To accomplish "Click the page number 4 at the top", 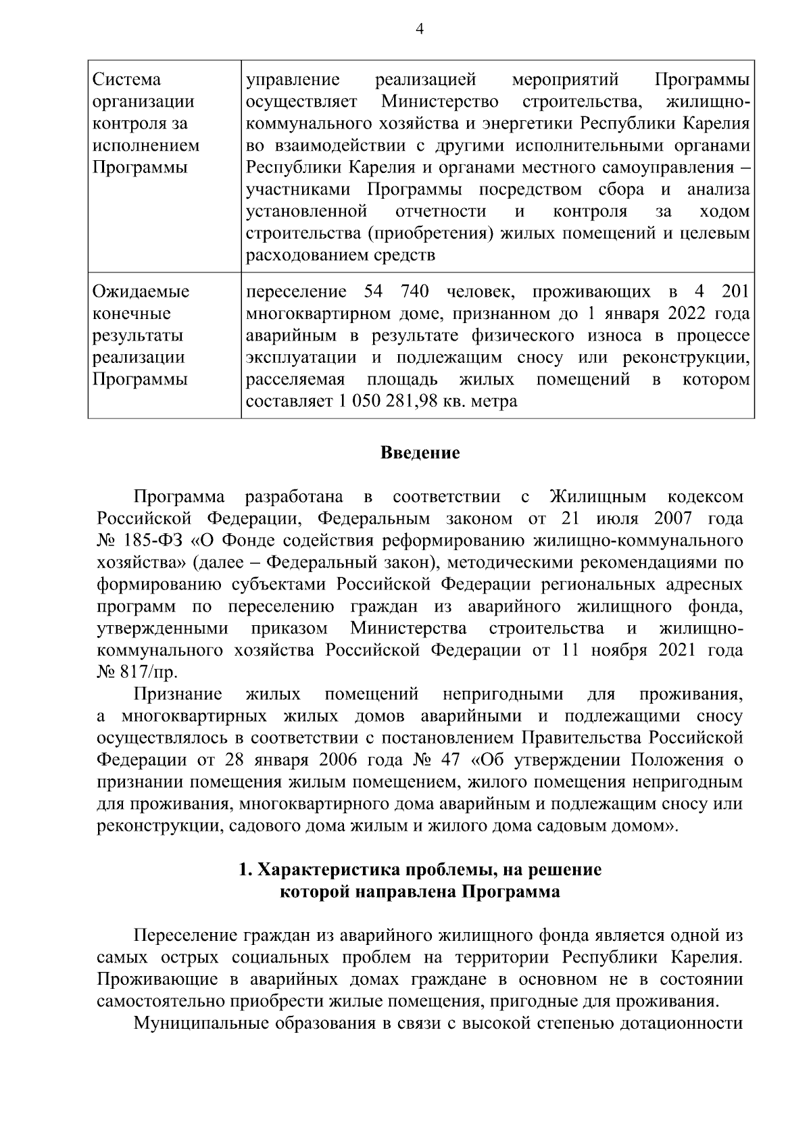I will (x=420, y=29).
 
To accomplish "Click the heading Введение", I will (x=420, y=453).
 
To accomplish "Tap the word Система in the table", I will (x=126, y=80).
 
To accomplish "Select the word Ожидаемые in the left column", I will (x=141, y=292).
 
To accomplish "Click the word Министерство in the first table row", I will (x=440, y=102).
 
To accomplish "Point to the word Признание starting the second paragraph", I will (x=178, y=695).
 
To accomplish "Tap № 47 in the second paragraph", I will (x=436, y=760).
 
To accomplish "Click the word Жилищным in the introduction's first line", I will (x=597, y=497).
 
